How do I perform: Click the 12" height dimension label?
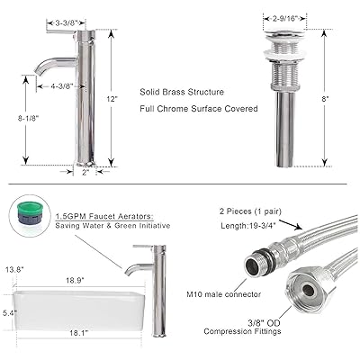[112, 99]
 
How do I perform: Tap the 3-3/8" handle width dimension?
[67, 22]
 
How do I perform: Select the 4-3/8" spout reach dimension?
[62, 86]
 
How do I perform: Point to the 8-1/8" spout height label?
[29, 118]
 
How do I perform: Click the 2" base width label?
[85, 172]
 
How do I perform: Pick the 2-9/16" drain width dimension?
[284, 19]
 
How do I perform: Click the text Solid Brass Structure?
[182, 92]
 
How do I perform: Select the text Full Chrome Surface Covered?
[199, 109]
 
